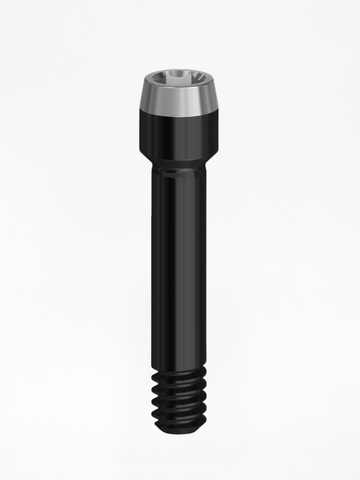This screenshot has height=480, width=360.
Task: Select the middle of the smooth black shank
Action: [x=179, y=267]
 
